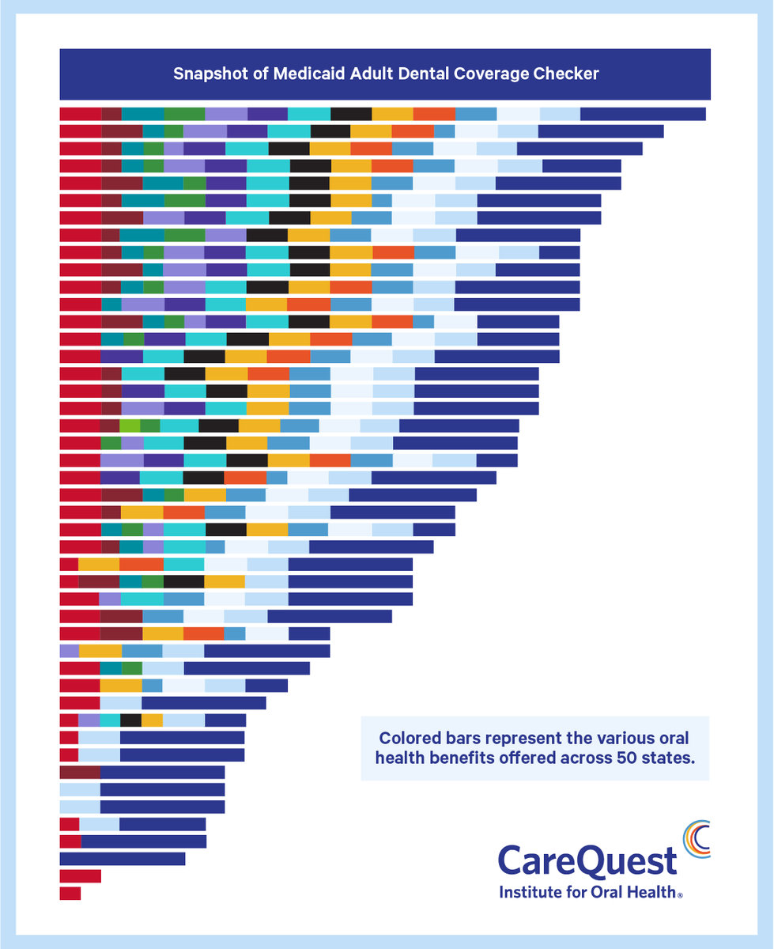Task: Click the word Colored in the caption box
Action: click(x=408, y=739)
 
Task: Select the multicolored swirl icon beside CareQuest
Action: click(x=696, y=839)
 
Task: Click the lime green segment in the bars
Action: click(x=130, y=425)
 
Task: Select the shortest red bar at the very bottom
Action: click(x=70, y=893)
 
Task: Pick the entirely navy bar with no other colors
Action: click(x=122, y=859)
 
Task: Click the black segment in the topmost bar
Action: click(x=351, y=114)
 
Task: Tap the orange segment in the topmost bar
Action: click(x=434, y=114)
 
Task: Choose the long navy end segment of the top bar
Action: click(x=642, y=114)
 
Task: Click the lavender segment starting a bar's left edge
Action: click(x=69, y=651)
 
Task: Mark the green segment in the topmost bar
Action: click(x=184, y=114)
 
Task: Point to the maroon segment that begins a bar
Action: click(x=80, y=772)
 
